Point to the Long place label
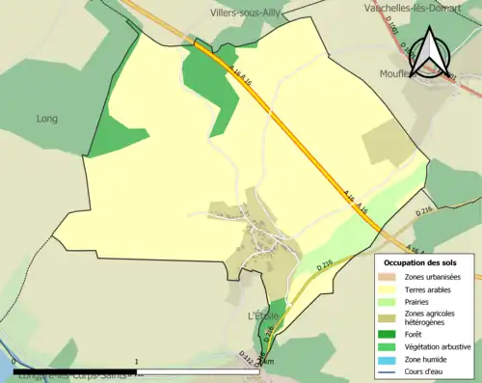[x=46, y=119]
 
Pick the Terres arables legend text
[x=431, y=288]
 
